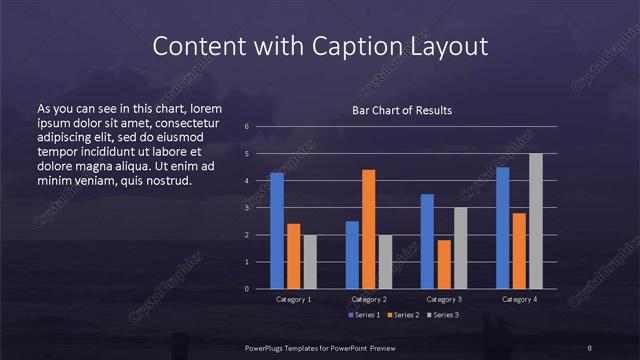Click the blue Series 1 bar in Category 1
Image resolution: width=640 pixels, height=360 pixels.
[x=276, y=231]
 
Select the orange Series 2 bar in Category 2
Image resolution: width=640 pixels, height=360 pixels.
[x=368, y=229]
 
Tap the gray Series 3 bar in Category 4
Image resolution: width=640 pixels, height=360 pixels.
[x=535, y=221]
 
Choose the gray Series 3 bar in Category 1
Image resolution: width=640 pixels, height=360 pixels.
[x=309, y=262]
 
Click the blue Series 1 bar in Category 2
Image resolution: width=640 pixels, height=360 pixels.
[x=352, y=255]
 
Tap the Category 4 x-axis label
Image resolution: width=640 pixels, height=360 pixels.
[x=519, y=299]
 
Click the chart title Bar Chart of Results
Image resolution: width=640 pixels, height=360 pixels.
[x=402, y=110]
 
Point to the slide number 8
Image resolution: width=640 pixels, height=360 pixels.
[x=590, y=347]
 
